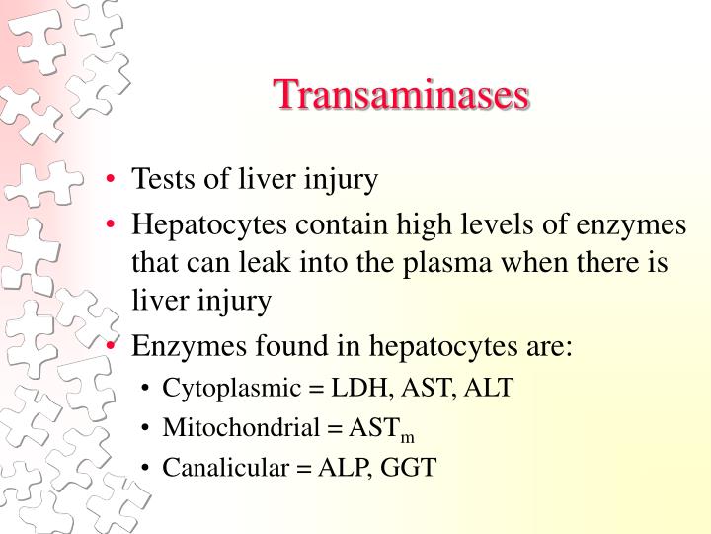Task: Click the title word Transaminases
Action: [x=401, y=95]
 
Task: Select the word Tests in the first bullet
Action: [x=162, y=180]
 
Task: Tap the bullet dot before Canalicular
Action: [x=146, y=467]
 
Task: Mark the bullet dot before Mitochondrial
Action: [x=146, y=427]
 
